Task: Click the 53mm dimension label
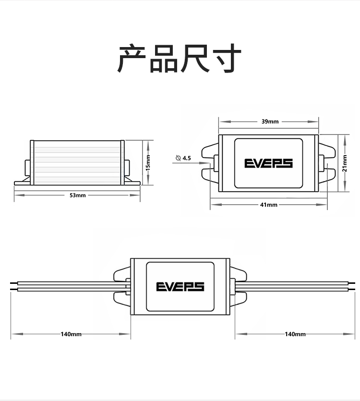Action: click(78, 195)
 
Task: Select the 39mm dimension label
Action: click(270, 122)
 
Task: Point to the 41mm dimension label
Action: click(269, 205)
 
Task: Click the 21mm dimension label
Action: click(345, 164)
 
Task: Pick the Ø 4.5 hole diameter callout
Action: click(184, 158)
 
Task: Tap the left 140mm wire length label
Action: click(71, 334)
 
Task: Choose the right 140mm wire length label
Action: click(295, 334)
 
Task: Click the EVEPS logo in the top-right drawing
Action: click(268, 163)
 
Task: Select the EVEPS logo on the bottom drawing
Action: click(180, 287)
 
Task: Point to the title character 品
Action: click(164, 59)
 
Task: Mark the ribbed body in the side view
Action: click(77, 162)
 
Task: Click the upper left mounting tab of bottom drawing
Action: click(121, 274)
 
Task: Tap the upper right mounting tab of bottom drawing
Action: click(239, 274)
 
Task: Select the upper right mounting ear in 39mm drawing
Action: click(327, 148)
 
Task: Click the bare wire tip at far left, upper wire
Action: click(13, 283)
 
